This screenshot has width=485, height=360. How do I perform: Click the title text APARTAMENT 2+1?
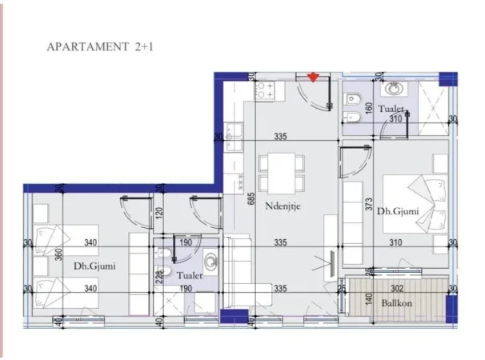[x=100, y=47]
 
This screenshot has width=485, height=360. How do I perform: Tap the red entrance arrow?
[x=313, y=77]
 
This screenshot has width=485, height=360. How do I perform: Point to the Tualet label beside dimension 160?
[x=391, y=108]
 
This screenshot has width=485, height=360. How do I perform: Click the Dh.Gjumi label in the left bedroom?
[x=91, y=266]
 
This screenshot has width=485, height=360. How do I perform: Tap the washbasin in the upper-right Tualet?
[x=394, y=89]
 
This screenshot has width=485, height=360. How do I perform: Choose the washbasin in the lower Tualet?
[x=210, y=260]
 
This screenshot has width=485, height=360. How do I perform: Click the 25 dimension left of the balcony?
[x=341, y=288]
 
